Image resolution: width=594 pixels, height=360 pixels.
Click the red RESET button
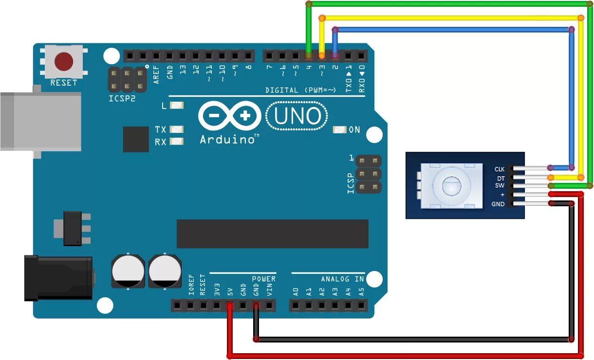point(64,62)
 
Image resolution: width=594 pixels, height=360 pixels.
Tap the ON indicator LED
point(339,130)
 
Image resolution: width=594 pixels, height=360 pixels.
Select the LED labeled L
point(177,105)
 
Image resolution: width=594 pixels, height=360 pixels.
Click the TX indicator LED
point(177,129)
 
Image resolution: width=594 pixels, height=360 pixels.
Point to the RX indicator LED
point(177,142)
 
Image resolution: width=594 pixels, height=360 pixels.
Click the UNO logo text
point(297,116)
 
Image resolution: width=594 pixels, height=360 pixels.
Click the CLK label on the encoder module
point(500,169)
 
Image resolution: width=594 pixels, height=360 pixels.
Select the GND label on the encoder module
point(498,204)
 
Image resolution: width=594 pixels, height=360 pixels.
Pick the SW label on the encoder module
point(500,186)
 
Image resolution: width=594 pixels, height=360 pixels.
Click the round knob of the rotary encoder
point(451,185)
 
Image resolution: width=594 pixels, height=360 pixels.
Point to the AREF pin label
point(156,74)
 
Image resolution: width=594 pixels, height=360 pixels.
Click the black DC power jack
point(58,277)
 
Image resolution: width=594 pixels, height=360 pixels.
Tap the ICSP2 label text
point(122,98)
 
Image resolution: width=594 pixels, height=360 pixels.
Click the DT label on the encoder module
point(501,178)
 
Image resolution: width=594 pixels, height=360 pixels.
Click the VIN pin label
point(269,291)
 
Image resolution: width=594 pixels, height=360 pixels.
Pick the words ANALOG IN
point(342,279)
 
